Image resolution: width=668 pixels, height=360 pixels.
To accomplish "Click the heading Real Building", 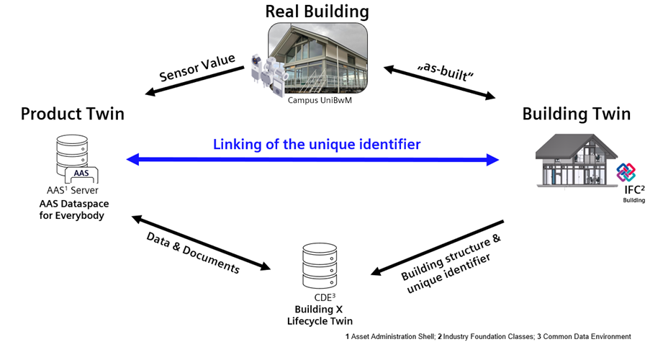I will tap(317, 12).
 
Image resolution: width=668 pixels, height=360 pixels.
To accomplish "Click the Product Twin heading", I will tap(72, 114).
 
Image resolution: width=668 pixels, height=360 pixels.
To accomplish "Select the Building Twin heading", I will tap(576, 114).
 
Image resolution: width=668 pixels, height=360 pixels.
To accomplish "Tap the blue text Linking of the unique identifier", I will tap(317, 144).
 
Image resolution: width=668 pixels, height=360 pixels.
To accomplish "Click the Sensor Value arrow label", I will tap(198, 71).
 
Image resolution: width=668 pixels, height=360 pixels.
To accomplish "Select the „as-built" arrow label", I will tap(441, 70).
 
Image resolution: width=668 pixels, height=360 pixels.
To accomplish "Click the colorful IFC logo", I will tap(626, 173).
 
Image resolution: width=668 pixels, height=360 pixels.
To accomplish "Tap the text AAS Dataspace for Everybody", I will tap(72, 210).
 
